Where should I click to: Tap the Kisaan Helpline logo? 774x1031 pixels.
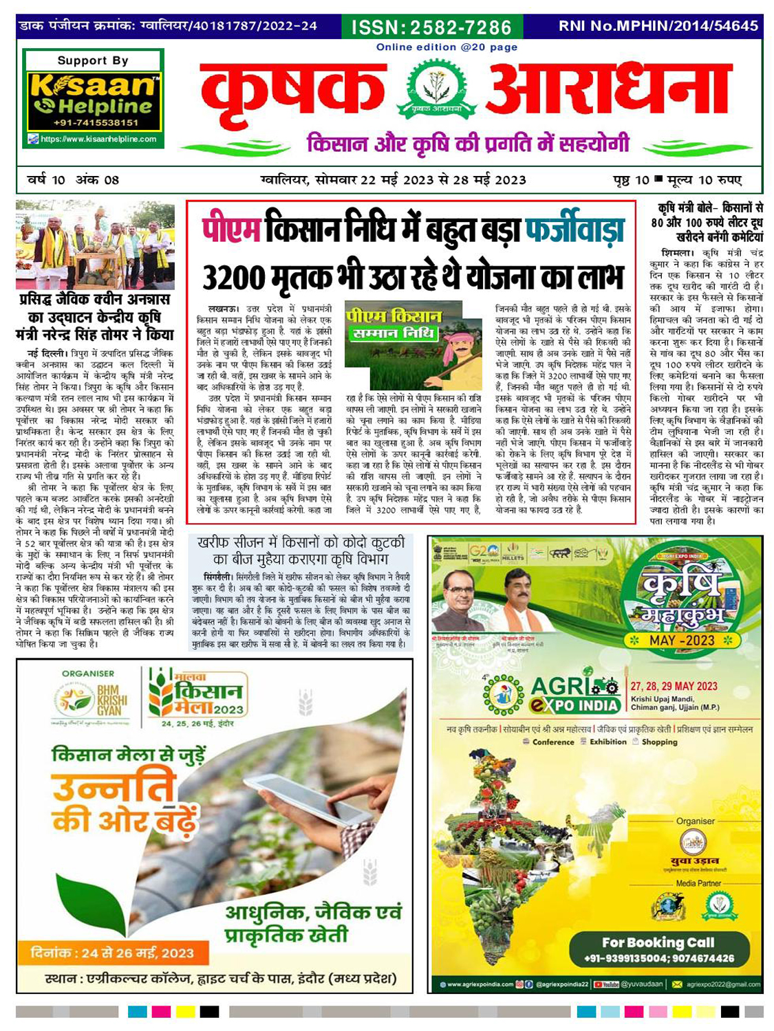click(93, 97)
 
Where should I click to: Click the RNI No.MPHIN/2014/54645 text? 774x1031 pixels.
click(658, 27)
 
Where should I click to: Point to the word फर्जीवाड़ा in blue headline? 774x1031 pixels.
click(575, 230)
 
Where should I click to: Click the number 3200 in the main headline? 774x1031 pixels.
click(233, 278)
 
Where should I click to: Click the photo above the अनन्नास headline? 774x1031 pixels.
click(95, 245)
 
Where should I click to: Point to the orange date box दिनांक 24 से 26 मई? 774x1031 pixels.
click(113, 953)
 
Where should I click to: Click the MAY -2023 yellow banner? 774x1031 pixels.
click(682, 641)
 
